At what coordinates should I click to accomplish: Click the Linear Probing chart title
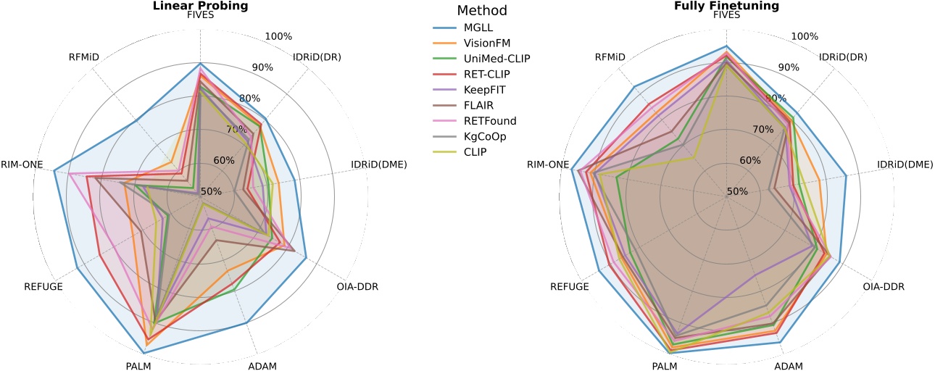[x=200, y=5]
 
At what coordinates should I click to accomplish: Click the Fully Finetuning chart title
[x=726, y=5]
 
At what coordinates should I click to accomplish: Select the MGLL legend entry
[x=478, y=28]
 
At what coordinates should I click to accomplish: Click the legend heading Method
[x=482, y=11]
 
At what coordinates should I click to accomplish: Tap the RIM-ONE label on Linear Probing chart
[x=21, y=164]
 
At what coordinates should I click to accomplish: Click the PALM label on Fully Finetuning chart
[x=664, y=366]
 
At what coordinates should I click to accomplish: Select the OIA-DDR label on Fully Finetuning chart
[x=884, y=286]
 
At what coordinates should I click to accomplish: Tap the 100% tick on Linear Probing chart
[x=278, y=37]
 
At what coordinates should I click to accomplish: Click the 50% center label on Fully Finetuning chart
[x=737, y=192]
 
